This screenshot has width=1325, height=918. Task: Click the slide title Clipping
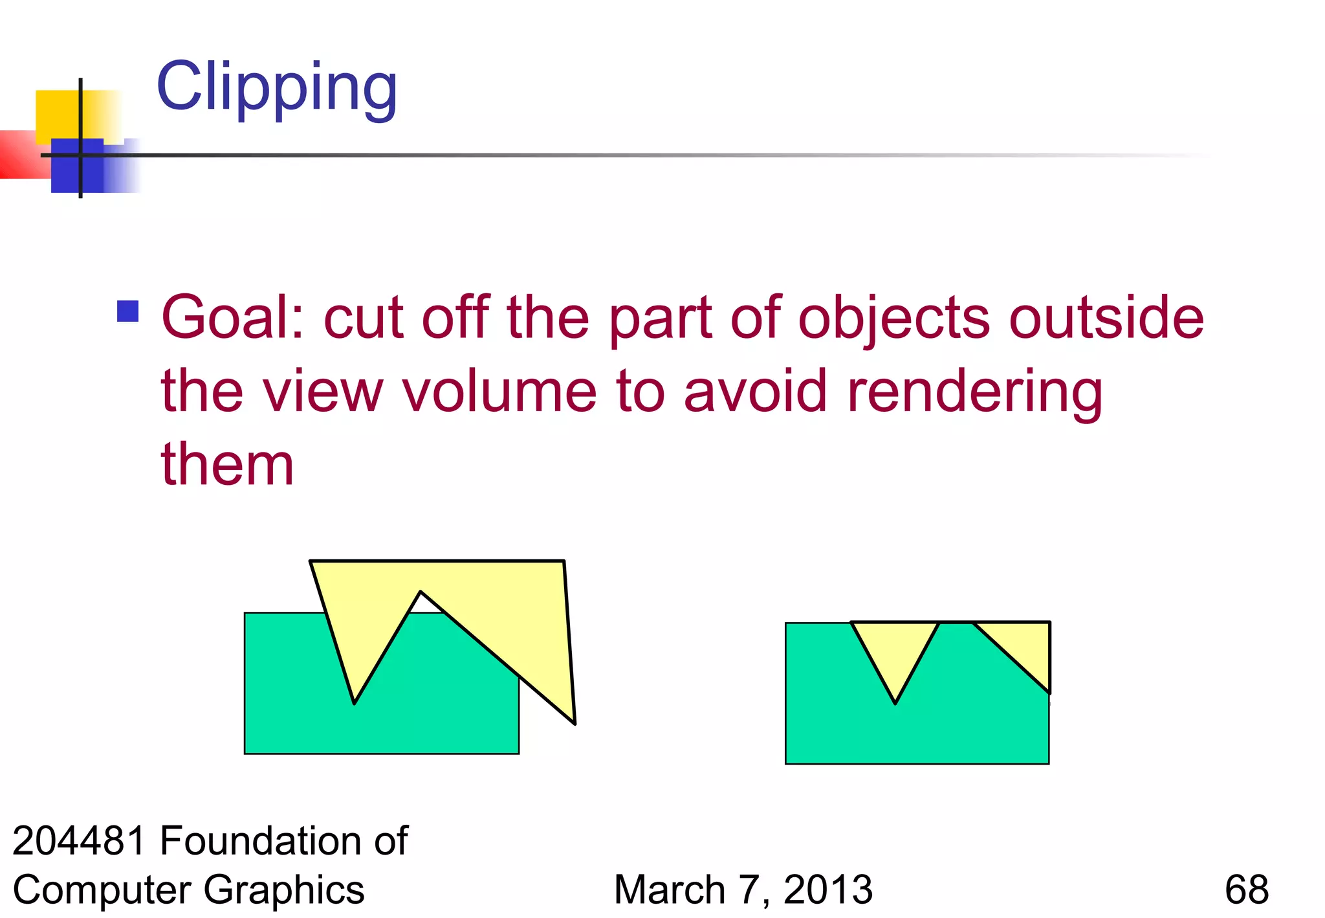pos(277,87)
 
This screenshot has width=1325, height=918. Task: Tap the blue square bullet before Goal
pos(128,311)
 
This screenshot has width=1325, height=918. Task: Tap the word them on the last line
pos(227,464)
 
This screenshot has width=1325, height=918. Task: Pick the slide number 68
pos(1246,890)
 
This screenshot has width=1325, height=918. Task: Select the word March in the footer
pos(670,890)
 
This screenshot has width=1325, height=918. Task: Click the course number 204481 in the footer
pos(79,841)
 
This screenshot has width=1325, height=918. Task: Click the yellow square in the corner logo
pos(58,113)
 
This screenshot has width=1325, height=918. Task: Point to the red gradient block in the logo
pos(19,154)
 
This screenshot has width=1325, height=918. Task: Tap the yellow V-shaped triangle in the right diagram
pos(895,651)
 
